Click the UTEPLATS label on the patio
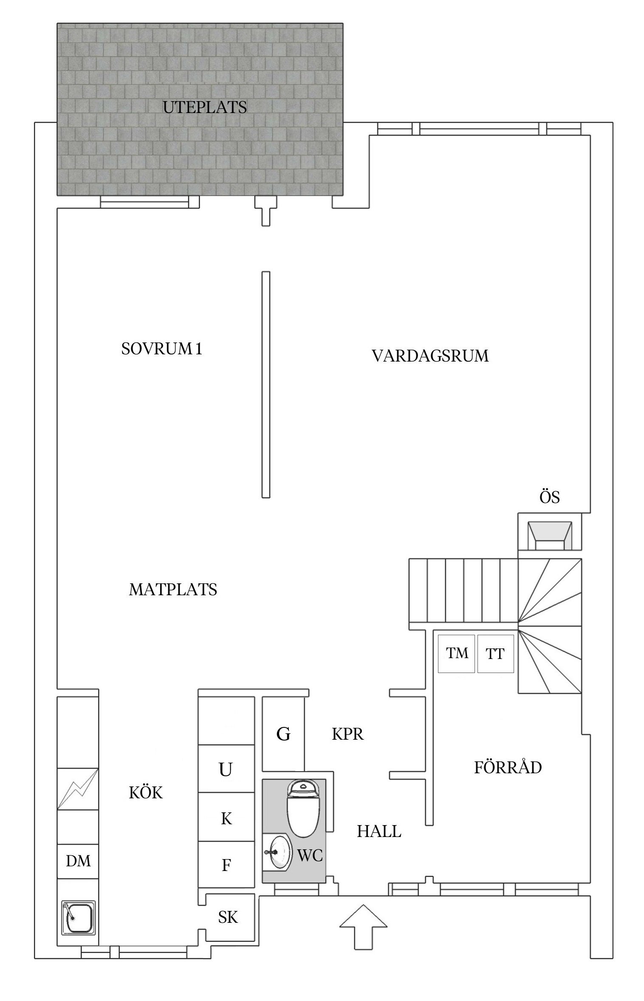point(205,107)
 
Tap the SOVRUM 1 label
point(161,349)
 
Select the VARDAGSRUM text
point(430,356)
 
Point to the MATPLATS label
point(173,590)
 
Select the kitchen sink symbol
point(78,917)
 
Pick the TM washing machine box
point(456,653)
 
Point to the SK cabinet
point(228,918)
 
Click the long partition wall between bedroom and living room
point(266,385)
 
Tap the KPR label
point(347,734)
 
